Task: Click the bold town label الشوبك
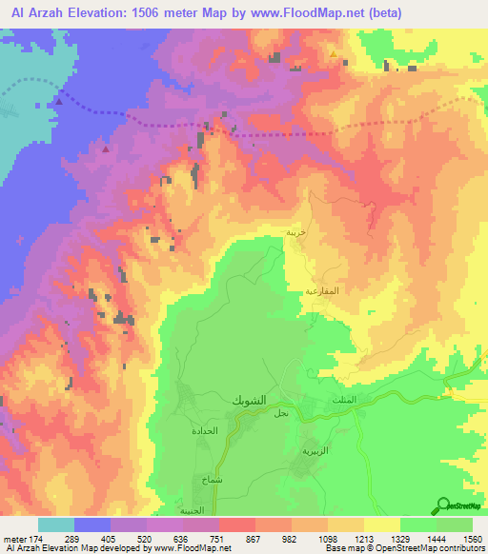251,401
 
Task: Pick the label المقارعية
322,289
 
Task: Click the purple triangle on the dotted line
60,101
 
